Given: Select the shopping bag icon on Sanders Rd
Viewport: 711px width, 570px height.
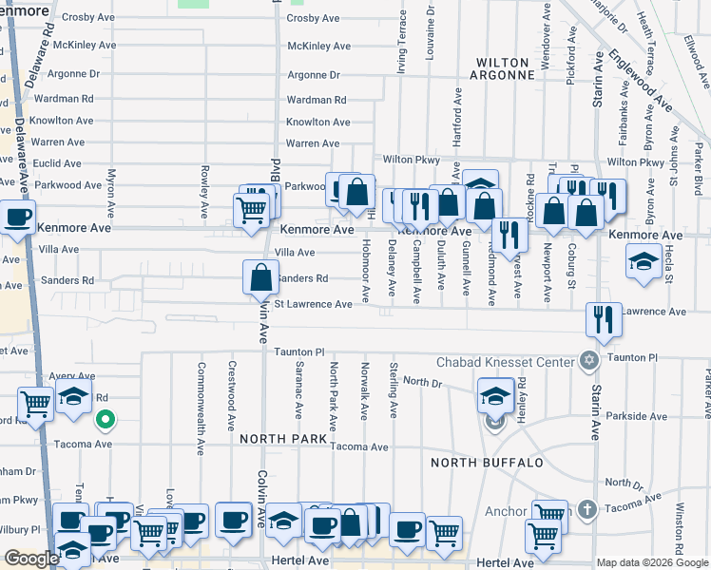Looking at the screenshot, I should pyautogui.click(x=261, y=278).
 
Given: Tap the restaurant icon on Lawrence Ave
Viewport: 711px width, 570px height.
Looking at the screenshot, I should pyautogui.click(x=603, y=319).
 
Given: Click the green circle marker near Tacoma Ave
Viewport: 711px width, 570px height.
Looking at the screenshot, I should pyautogui.click(x=107, y=418).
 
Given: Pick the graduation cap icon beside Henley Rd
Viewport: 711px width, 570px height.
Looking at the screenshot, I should pyautogui.click(x=495, y=395).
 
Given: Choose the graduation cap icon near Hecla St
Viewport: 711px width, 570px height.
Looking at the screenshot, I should pyautogui.click(x=644, y=260).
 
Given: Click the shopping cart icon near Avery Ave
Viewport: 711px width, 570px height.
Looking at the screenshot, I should pyautogui.click(x=35, y=404).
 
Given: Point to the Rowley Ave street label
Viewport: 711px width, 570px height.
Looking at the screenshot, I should pyautogui.click(x=204, y=189).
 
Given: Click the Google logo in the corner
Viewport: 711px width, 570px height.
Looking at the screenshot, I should pyautogui.click(x=31, y=559).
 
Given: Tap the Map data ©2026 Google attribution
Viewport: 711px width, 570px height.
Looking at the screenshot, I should pyautogui.click(x=653, y=562).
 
